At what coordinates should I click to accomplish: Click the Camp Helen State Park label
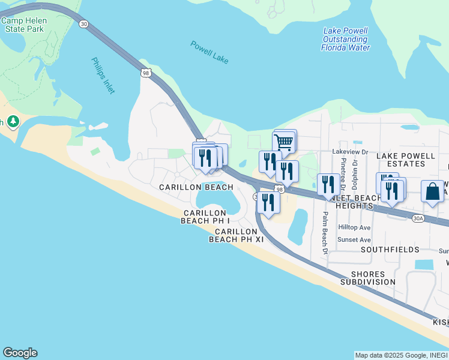coord(23,24)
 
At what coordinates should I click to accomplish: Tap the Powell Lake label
coord(209,52)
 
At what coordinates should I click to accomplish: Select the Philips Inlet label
coord(103,75)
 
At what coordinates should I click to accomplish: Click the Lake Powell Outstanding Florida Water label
coord(346,39)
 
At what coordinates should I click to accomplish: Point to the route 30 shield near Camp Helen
coord(83,23)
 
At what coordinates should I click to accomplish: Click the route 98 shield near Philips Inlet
coord(146,73)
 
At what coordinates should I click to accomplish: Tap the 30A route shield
coord(418,219)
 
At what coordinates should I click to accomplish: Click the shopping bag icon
coord(432,192)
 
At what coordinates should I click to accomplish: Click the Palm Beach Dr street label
coord(325,233)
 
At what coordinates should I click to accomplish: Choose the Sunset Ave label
coord(354,239)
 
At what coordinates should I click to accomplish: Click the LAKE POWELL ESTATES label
coord(405,160)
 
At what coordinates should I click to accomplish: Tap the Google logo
coord(20,353)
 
